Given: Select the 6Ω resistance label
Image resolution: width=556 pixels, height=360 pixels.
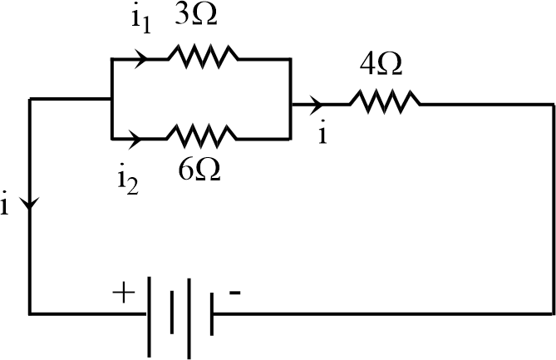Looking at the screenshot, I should tap(199, 170).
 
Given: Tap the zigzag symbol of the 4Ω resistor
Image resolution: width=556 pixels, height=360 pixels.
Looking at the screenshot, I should tap(384, 103).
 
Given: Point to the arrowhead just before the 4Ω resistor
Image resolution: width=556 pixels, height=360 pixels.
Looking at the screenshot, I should tap(317, 104).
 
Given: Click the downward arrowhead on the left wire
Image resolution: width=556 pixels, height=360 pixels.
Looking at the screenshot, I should tap(31, 203).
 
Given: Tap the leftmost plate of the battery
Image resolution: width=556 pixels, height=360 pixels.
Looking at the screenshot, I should tap(150, 313).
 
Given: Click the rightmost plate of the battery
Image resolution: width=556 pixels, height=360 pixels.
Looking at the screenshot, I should tap(212, 314).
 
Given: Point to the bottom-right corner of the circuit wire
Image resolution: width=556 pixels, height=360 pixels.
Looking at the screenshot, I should tap(554, 314).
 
